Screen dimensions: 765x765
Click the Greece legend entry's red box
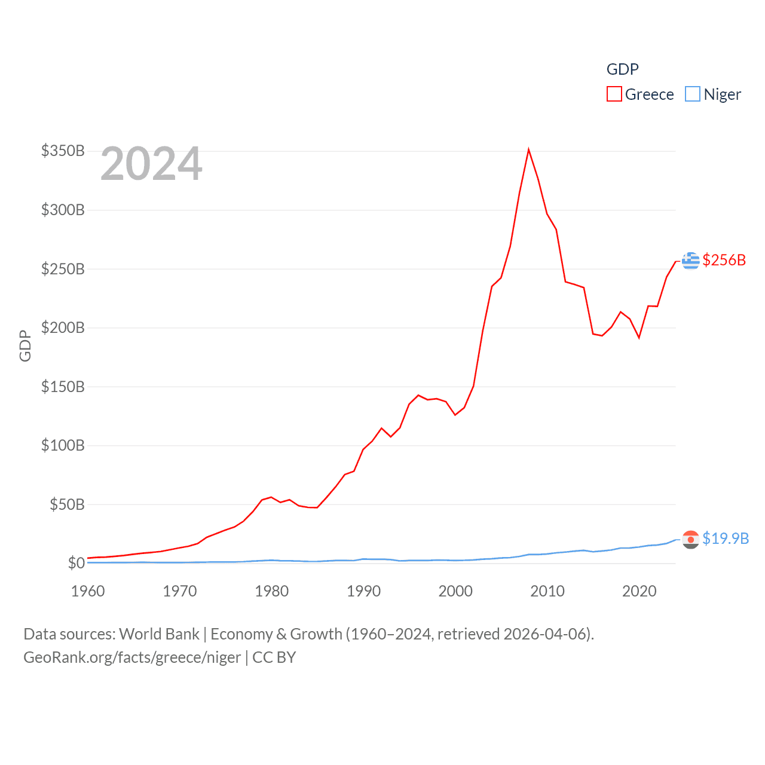(614, 94)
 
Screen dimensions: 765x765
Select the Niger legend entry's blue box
(692, 94)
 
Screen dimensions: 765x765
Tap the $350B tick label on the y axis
(63, 151)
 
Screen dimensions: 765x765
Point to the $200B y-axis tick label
(63, 328)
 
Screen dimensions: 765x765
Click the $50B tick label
(67, 504)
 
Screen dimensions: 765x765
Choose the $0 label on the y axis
(76, 563)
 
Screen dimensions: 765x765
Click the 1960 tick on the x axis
(88, 591)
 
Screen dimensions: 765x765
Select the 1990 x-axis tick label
(363, 591)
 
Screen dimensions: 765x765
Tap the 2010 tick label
(547, 591)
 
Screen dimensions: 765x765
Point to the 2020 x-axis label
(639, 591)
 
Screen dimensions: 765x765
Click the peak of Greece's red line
(529, 149)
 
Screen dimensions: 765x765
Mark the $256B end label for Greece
(724, 260)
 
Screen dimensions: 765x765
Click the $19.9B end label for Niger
(726, 538)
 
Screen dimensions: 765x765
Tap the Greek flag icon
(691, 261)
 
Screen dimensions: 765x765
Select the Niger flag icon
(691, 539)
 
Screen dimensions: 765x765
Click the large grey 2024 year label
(151, 164)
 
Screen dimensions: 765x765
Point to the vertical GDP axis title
(25, 345)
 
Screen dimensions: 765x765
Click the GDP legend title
(623, 69)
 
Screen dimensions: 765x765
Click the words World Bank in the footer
(160, 634)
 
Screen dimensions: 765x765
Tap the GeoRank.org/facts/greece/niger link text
(132, 657)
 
